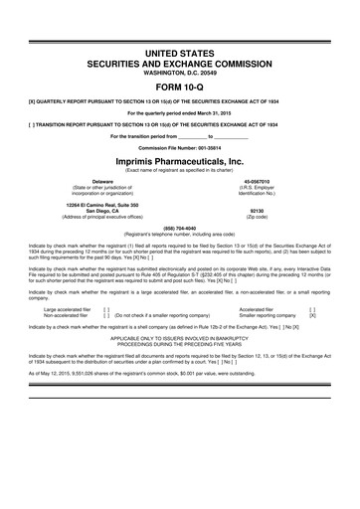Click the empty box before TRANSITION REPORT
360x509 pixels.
(x=34, y=124)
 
